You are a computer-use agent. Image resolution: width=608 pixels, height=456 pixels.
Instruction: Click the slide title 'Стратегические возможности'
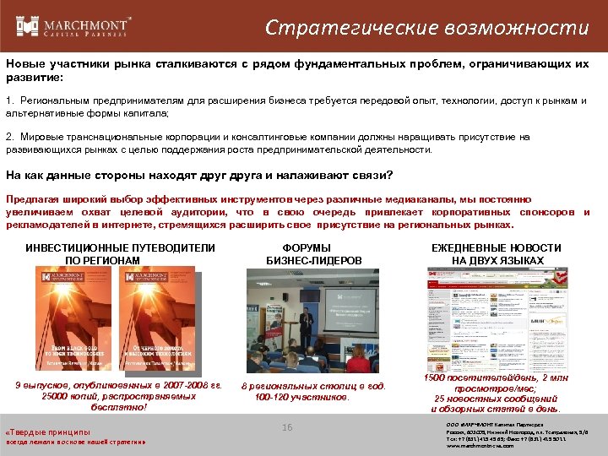pyautogui.click(x=426, y=28)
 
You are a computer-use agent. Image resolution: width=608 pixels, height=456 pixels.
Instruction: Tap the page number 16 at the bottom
pyautogui.click(x=287, y=428)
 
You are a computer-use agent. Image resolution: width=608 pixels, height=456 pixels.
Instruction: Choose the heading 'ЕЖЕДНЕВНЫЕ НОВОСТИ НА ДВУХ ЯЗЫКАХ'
pyautogui.click(x=496, y=254)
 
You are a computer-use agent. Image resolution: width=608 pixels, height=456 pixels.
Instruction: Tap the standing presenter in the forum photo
pyautogui.click(x=308, y=326)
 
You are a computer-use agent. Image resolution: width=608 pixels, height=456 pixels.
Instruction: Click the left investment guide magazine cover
pyautogui.click(x=68, y=323)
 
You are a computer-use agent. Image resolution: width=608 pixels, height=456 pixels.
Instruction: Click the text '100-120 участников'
pyautogui.click(x=301, y=397)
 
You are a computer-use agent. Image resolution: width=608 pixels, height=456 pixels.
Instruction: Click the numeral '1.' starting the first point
pyautogui.click(x=10, y=100)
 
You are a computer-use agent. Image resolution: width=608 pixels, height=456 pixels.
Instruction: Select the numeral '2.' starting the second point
pyautogui.click(x=10, y=136)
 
